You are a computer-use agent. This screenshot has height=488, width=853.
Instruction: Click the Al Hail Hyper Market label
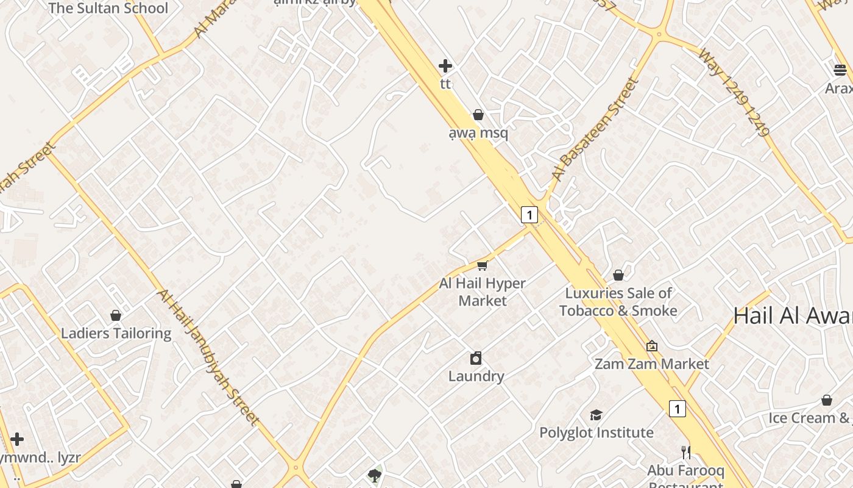point(482,292)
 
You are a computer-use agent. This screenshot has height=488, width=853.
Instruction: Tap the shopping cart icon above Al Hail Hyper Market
point(483,265)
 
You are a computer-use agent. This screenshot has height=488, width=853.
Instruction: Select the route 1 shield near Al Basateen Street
point(529,215)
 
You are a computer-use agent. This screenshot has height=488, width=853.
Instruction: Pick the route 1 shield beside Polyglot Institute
point(677,409)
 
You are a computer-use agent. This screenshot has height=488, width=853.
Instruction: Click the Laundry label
point(476,376)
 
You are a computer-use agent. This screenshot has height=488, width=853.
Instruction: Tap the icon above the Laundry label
point(476,358)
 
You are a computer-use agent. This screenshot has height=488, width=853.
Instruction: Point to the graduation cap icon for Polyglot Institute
point(596,415)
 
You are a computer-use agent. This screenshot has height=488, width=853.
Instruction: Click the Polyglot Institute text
point(596,432)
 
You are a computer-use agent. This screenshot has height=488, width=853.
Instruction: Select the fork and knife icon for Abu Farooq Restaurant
point(686,452)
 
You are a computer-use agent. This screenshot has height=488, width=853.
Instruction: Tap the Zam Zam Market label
point(651,364)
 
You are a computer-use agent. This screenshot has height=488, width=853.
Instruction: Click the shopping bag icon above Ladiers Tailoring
point(116,315)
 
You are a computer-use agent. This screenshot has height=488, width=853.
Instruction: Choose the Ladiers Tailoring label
point(116,333)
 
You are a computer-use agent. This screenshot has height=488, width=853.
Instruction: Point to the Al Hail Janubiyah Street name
point(207,356)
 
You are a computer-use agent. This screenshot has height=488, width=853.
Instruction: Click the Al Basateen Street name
point(595,129)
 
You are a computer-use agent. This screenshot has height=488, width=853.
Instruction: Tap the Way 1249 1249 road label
point(734,91)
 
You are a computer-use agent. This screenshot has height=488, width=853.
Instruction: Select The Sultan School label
point(108,9)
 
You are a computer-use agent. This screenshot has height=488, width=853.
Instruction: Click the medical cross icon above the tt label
point(445,66)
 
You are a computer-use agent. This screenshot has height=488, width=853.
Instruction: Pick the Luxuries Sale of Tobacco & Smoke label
point(618,302)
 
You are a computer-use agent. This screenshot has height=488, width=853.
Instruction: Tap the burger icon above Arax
point(840,70)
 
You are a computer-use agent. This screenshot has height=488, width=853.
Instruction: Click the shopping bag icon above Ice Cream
point(827,400)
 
